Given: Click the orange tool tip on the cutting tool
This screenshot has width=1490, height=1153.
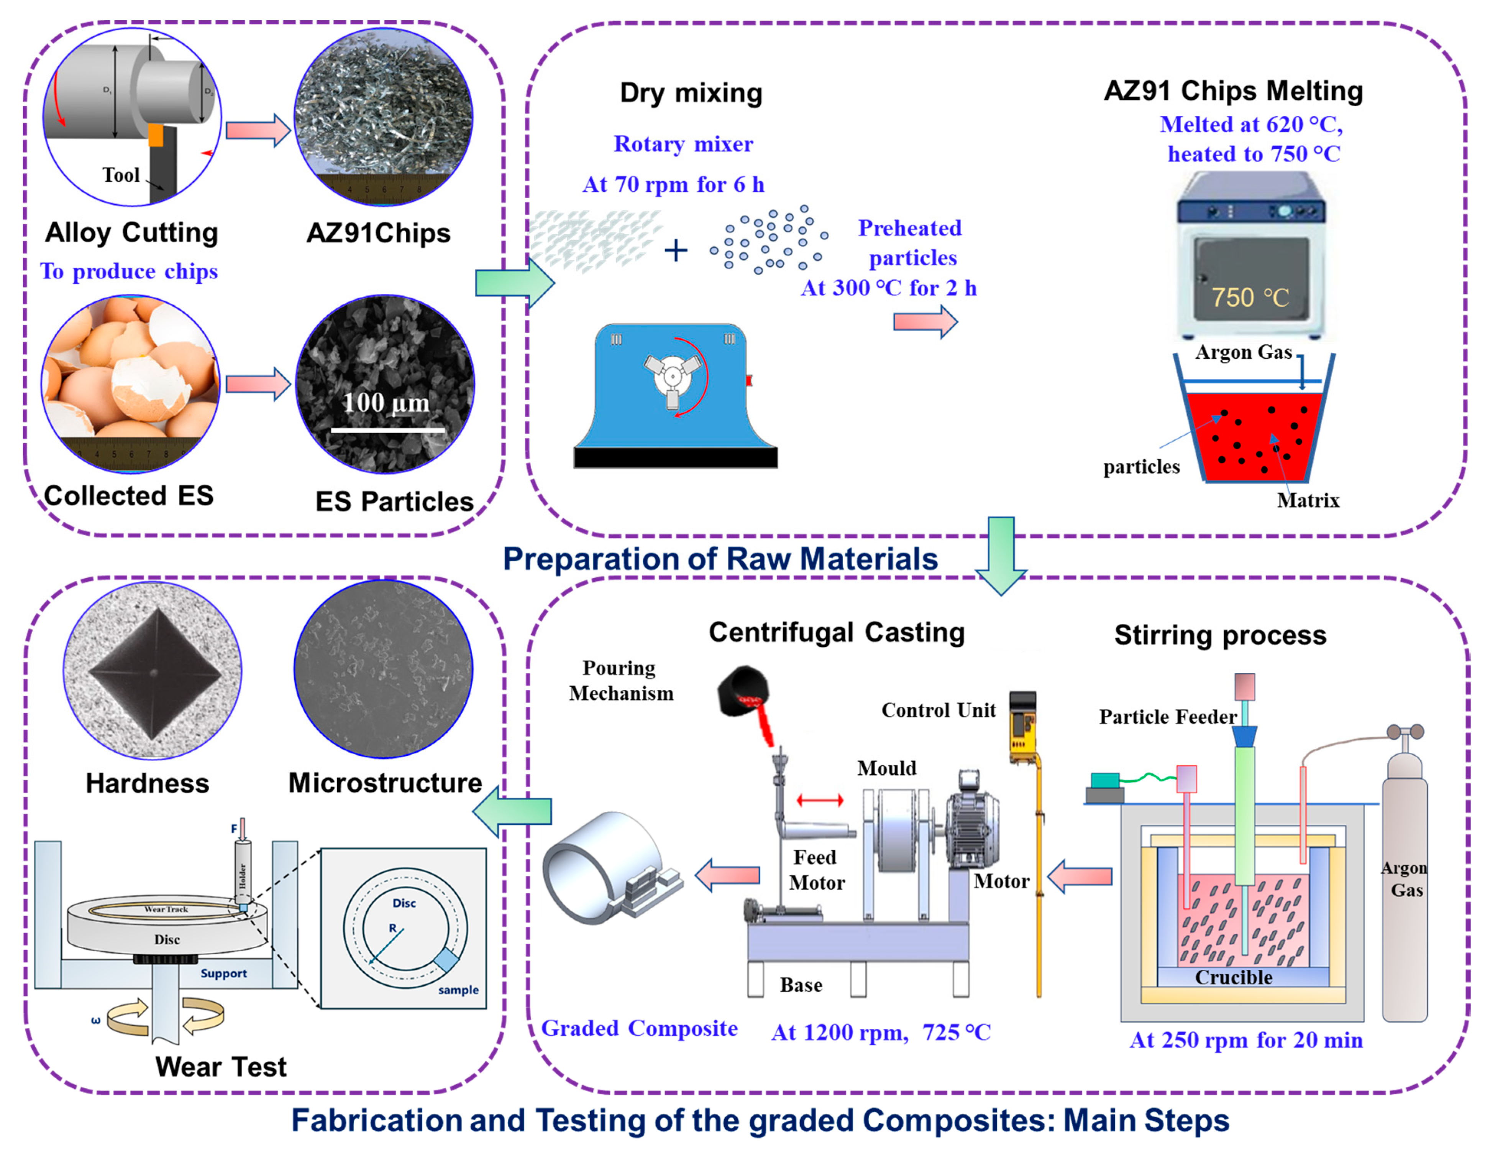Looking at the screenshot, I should (x=156, y=135).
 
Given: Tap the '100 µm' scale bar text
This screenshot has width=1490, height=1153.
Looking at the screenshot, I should (x=386, y=403).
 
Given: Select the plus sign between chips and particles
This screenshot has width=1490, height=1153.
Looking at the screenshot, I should (x=675, y=251).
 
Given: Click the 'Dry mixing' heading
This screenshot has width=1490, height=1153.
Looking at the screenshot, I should (x=691, y=93).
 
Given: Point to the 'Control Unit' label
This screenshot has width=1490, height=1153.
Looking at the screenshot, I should (x=938, y=710).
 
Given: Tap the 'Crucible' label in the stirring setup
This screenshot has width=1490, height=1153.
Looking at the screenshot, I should (x=1234, y=977).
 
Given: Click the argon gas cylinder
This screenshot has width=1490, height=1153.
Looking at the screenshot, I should (x=1404, y=887).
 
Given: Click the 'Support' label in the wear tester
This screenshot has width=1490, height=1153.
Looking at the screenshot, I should (x=223, y=974).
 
